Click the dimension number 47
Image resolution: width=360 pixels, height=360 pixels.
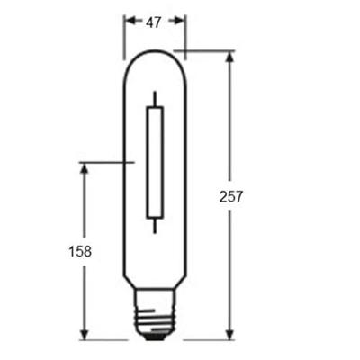(155, 22)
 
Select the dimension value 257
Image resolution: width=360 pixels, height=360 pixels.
(230, 195)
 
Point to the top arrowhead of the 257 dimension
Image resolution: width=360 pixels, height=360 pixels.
(231, 57)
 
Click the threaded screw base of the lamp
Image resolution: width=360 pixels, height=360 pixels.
(155, 317)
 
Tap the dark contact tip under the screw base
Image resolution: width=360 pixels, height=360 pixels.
(155, 337)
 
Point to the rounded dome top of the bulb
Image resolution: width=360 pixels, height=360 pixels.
(155, 56)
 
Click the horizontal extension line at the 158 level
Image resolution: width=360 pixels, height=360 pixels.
(106, 163)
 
